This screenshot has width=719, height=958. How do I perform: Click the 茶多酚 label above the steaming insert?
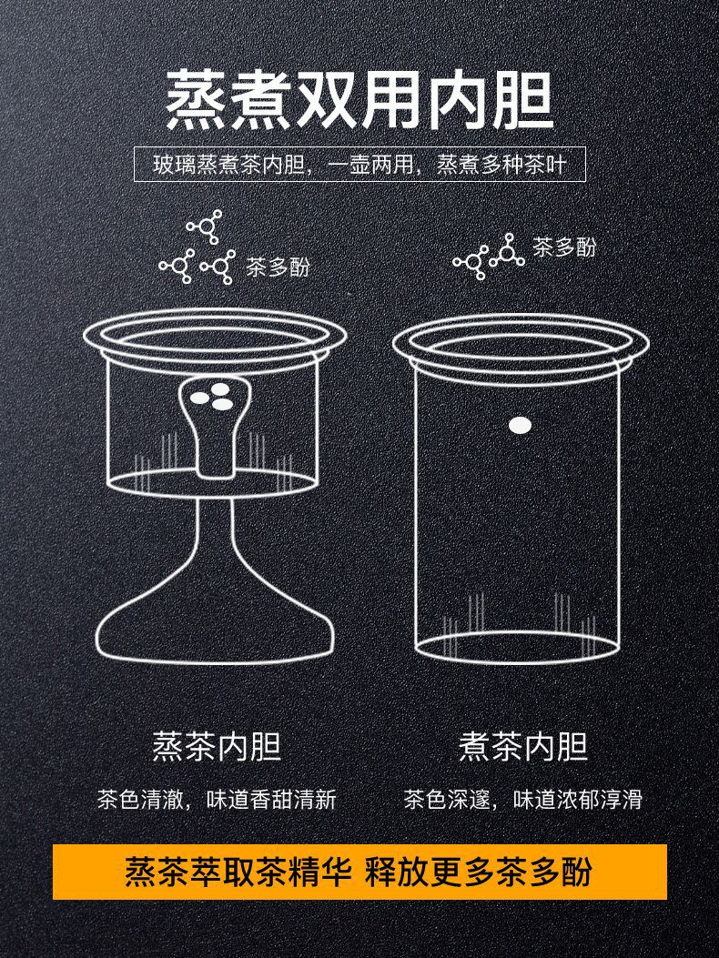click(x=278, y=267)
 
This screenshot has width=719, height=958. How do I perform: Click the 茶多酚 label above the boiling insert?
click(x=564, y=247)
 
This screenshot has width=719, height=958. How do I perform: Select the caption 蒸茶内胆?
click(x=217, y=747)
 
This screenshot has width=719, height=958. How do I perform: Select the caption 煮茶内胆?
click(x=523, y=747)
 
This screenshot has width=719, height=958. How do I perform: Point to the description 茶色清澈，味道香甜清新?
click(x=217, y=800)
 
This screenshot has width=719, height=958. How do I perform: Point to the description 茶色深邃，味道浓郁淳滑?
click(x=523, y=800)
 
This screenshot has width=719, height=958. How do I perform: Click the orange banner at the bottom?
click(x=359, y=872)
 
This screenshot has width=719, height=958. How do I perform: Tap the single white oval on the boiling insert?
click(x=520, y=425)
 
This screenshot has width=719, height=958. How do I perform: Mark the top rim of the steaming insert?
click(x=215, y=334)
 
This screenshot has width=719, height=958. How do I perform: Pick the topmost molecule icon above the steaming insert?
click(x=204, y=227)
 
